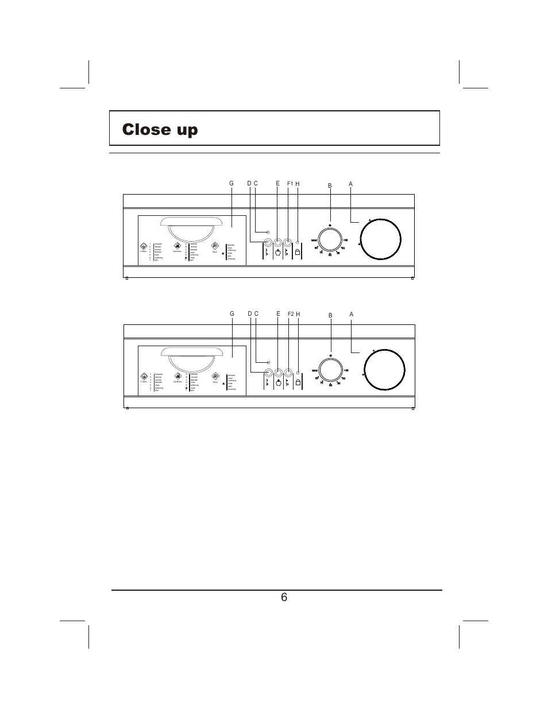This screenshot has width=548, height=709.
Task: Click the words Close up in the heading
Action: point(160,130)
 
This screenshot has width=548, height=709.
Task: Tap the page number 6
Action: point(284,597)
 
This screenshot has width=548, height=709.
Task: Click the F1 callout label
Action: point(290,184)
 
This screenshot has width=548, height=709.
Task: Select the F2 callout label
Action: point(290,314)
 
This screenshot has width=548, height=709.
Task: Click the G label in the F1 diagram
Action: point(231,184)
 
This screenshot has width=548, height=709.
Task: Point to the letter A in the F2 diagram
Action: point(350,314)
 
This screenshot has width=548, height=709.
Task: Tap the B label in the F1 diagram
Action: point(330,185)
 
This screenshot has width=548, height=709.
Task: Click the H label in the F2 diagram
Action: point(298,314)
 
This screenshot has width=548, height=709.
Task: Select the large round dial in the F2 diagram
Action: point(384,370)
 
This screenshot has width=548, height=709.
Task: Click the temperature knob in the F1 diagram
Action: point(330,239)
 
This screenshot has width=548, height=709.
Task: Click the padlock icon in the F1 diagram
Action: point(298,251)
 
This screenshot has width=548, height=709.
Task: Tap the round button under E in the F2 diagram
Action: point(278,372)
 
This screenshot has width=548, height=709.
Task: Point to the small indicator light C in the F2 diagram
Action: point(268,362)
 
